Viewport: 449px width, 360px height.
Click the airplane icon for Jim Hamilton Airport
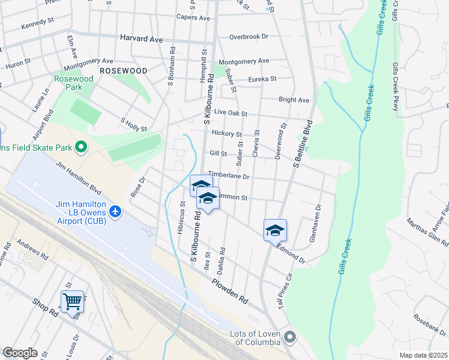116,211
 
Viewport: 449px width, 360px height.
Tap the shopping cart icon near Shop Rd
72,301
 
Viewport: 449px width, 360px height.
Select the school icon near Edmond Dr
275,230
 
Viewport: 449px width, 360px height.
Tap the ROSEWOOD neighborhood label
123,71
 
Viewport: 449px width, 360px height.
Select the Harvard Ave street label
142,39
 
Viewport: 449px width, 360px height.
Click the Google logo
20,353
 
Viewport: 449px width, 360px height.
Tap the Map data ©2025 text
423,355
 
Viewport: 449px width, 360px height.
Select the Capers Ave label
193,18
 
